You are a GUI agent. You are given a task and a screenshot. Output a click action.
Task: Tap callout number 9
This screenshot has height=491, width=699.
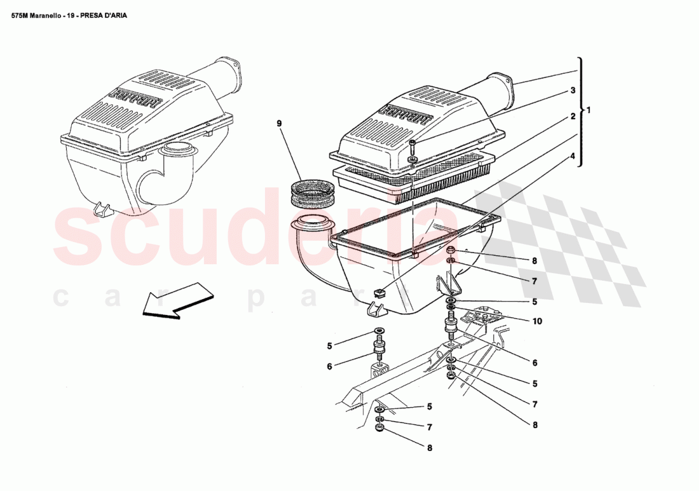280,123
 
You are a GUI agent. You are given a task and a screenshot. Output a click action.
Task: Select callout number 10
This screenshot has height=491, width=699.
537,321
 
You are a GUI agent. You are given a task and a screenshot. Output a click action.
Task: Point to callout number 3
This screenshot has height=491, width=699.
573,90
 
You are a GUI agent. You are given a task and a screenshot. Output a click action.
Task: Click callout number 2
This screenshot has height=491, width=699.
573,117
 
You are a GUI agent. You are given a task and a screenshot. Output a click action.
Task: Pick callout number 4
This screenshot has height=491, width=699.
573,156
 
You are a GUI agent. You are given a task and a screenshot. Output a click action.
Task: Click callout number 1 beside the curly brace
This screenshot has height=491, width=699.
588,110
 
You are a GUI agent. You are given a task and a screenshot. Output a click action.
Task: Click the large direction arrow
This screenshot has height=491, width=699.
178,300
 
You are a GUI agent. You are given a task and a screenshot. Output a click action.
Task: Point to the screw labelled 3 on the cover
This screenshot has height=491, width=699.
412,149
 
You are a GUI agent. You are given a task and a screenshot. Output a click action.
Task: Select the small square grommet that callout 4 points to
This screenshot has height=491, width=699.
379,293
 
